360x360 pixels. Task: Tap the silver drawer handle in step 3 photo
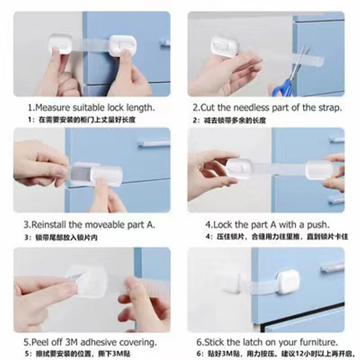153,144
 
